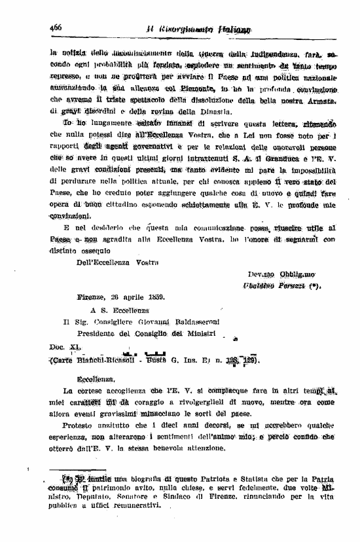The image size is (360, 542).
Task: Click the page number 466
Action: [55, 27]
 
